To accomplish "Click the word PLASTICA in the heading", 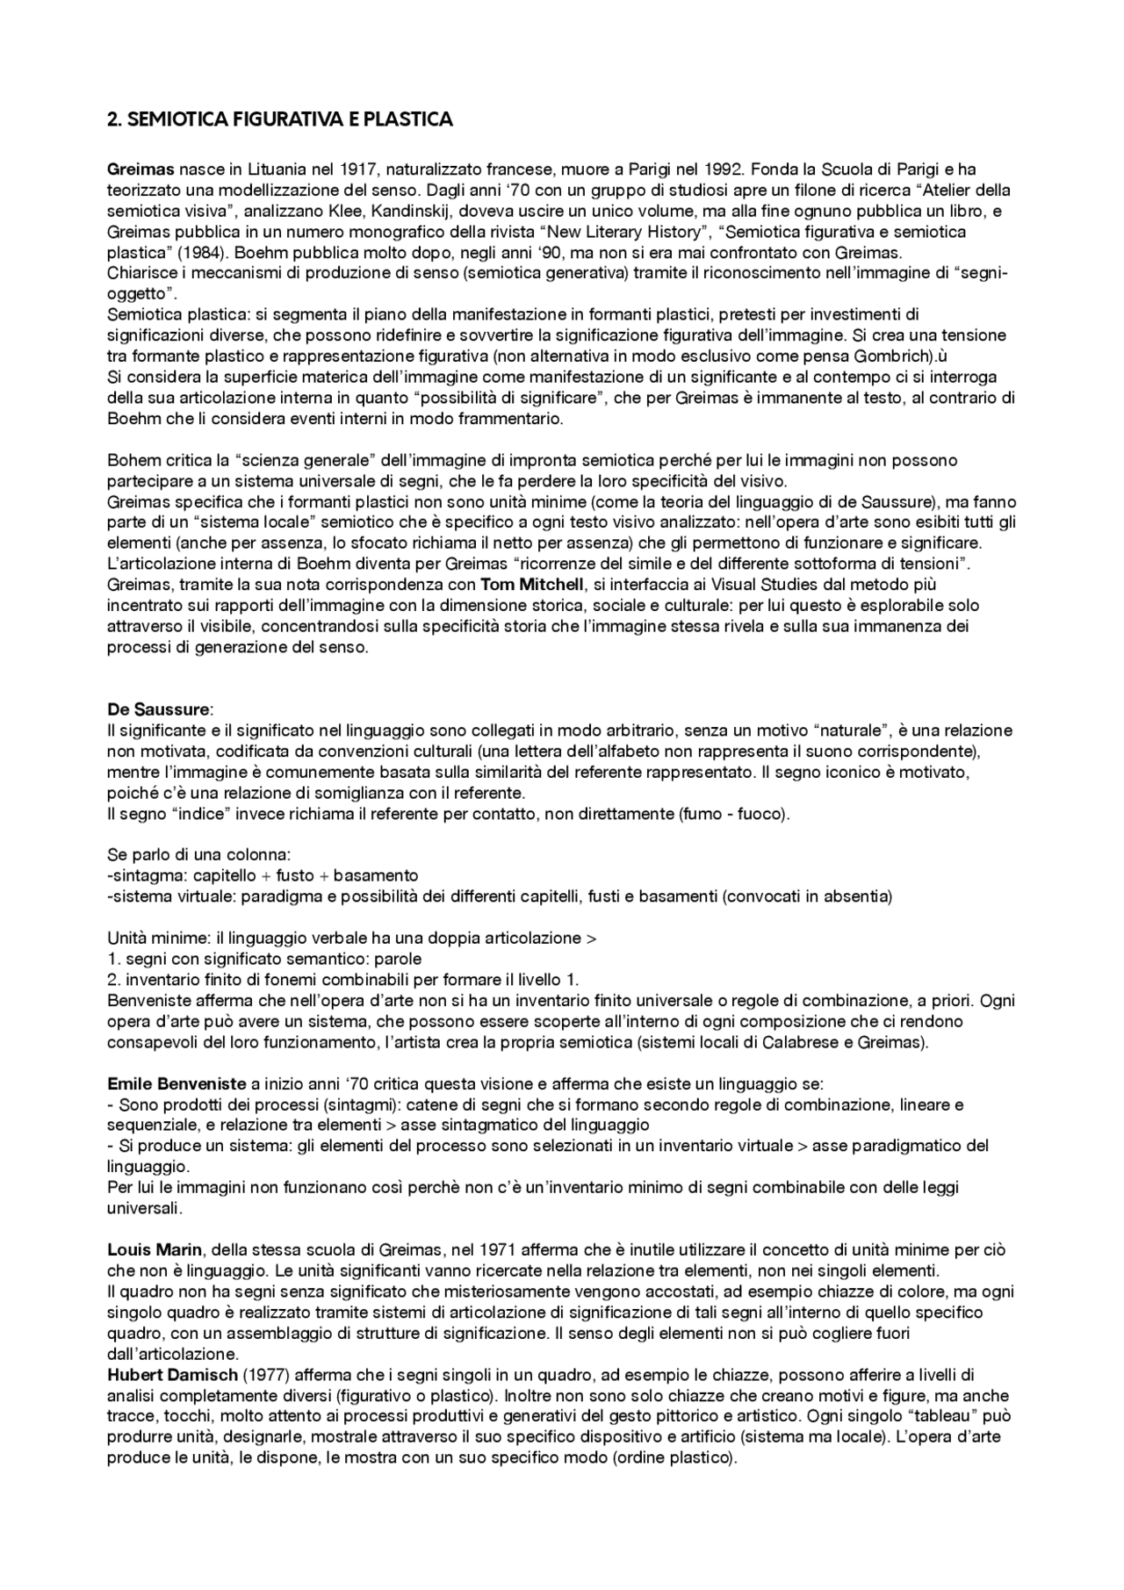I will (412, 120).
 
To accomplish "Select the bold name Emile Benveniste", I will (177, 1083).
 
